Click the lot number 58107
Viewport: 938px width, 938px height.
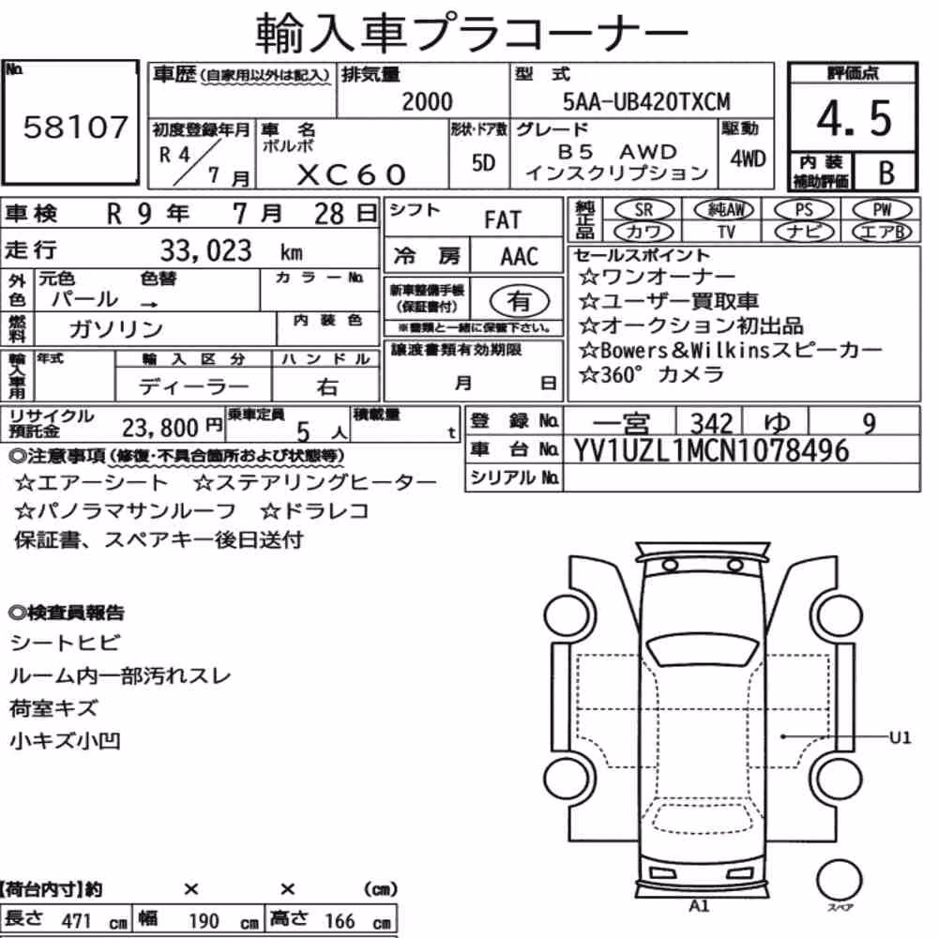[x=75, y=127]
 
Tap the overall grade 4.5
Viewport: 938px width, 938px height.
[x=854, y=118]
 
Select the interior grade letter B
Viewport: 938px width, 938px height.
[x=886, y=173]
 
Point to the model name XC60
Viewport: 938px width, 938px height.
[x=351, y=174]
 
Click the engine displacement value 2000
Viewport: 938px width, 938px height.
[x=427, y=101]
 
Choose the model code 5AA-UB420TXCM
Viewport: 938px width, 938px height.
[x=646, y=101]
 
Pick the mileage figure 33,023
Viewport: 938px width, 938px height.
[x=205, y=250]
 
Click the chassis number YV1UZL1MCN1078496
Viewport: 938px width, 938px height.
[x=711, y=450]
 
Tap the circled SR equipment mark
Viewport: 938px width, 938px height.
[x=643, y=209]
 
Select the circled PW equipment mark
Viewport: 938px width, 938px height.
[x=882, y=209]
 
